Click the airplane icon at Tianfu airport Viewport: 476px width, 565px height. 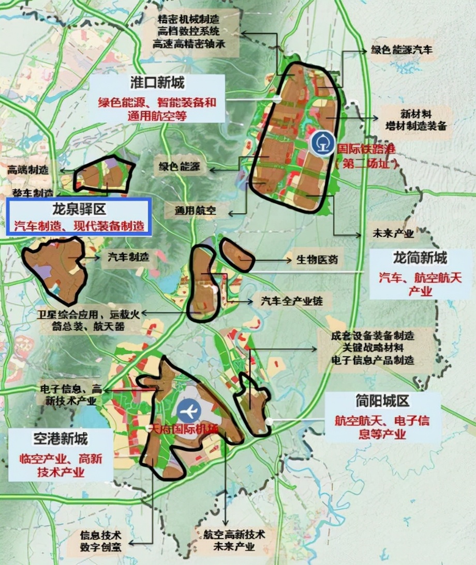(188, 411)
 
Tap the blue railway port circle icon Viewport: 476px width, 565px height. (321, 141)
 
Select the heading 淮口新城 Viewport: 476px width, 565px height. (158, 82)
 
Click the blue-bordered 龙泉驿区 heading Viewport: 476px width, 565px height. (79, 210)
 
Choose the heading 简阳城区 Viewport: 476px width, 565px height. (383, 401)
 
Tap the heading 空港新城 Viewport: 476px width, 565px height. (61, 439)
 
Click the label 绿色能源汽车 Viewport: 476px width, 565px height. (401, 50)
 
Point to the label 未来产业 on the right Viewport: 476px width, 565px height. (393, 233)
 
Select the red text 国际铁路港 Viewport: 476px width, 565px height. (365, 148)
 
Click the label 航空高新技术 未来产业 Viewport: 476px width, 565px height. (228, 539)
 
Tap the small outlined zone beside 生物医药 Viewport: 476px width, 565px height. (237, 254)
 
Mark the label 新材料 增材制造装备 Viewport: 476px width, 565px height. (415, 119)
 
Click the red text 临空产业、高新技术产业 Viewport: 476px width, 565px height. (61, 465)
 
